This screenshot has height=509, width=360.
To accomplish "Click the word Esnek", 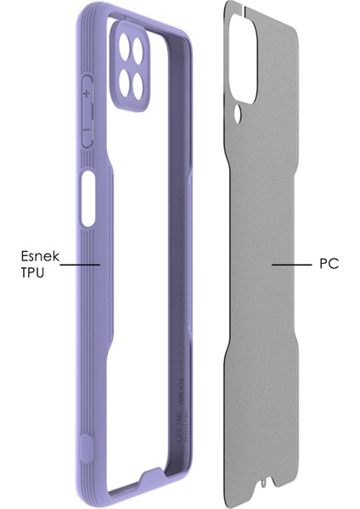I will (37, 254).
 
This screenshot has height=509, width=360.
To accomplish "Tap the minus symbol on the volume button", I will (87, 130).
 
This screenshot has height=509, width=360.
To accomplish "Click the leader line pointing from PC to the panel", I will (291, 265).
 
